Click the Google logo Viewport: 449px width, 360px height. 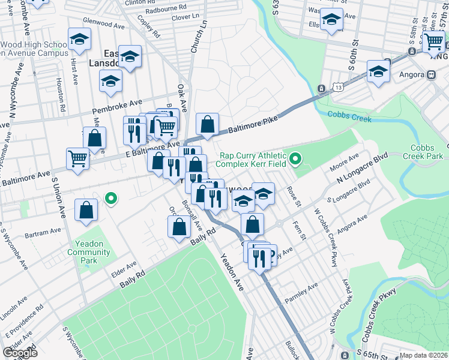click(x=20, y=353)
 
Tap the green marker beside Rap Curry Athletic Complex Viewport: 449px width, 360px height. click(x=295, y=159)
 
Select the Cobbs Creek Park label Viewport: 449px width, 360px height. click(x=427, y=152)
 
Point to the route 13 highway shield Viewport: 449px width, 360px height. click(x=322, y=89)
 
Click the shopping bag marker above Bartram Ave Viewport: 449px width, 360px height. click(x=86, y=210)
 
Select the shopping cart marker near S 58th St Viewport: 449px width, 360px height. click(x=434, y=42)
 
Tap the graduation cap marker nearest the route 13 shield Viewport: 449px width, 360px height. click(x=378, y=71)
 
